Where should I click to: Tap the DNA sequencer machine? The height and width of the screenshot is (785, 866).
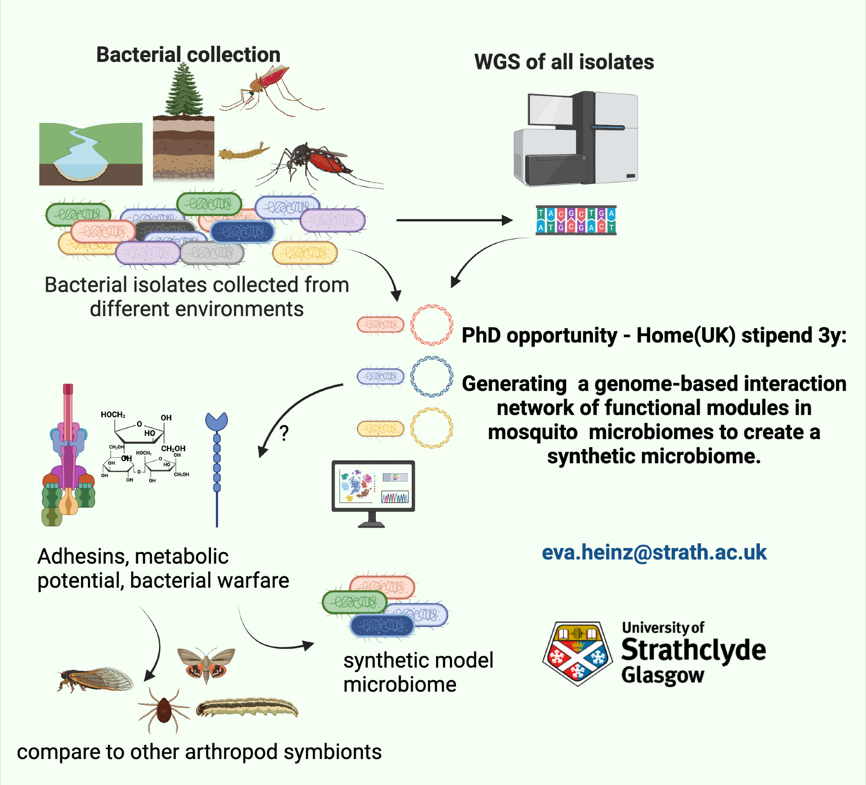click(576, 139)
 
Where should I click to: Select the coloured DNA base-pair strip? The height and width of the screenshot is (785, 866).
click(576, 220)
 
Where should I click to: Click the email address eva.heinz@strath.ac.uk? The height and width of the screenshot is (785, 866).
click(654, 552)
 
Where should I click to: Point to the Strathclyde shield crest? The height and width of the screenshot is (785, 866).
click(577, 654)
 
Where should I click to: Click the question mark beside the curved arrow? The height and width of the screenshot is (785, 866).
click(284, 433)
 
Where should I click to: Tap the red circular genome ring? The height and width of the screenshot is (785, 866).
click(431, 325)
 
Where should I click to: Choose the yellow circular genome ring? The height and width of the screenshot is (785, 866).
click(431, 428)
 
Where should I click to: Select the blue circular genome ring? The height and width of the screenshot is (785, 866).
click(431, 376)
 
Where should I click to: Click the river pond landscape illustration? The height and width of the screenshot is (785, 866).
click(91, 154)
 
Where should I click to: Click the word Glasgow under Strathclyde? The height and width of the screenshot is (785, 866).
click(662, 675)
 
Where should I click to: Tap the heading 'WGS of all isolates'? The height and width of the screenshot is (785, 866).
click(564, 62)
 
